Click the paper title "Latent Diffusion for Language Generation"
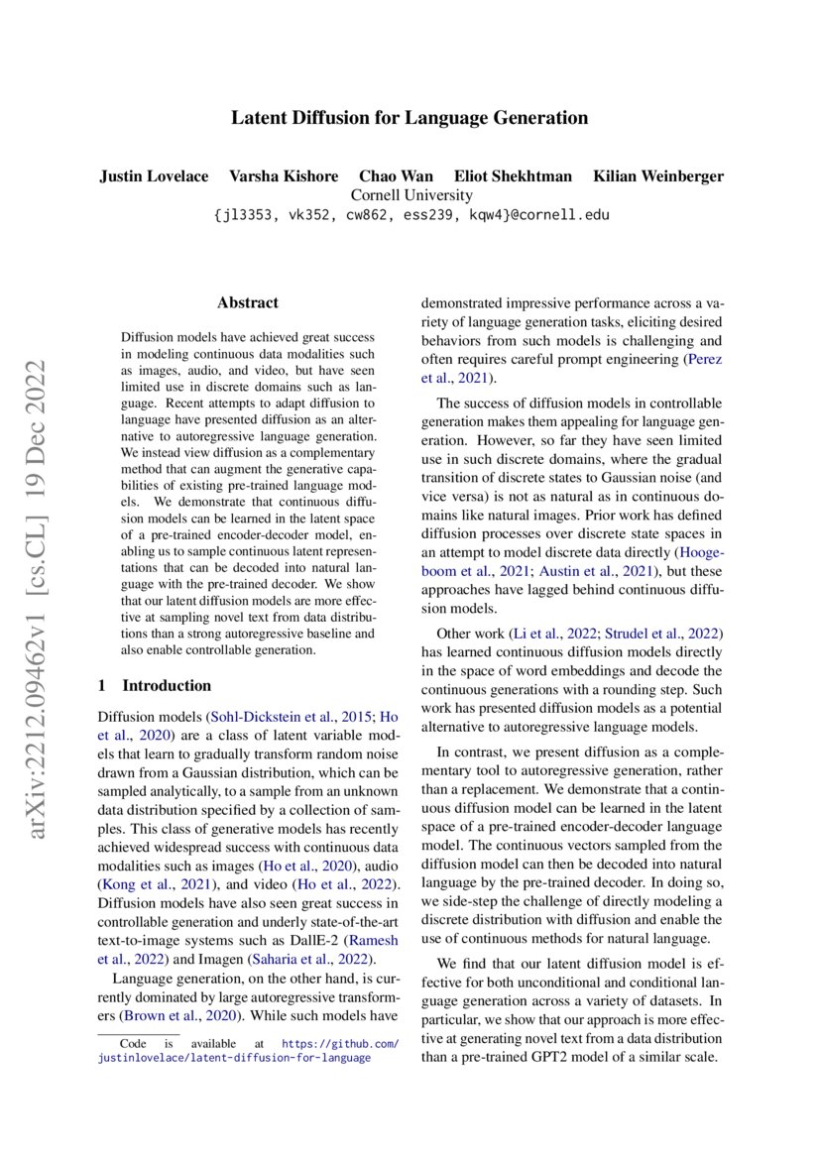(x=410, y=118)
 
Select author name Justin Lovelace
(x=154, y=176)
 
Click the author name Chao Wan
(x=390, y=176)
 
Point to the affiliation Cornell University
(x=410, y=195)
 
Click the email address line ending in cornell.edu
(x=410, y=214)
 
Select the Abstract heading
(x=248, y=303)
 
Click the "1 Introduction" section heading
(x=155, y=685)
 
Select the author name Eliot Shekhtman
(x=513, y=176)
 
